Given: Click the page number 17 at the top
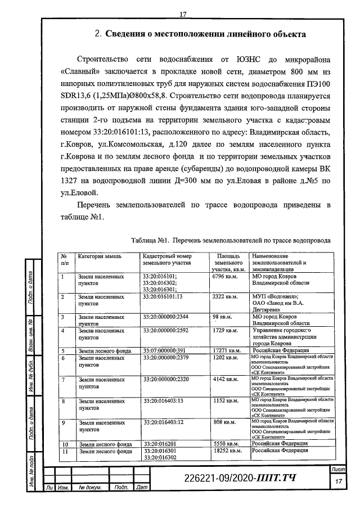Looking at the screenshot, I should (x=183, y=13).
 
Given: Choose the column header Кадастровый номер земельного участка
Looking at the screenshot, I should (x=167, y=259).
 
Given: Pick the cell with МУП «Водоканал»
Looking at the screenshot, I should (x=275, y=296).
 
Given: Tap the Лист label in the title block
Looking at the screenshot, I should (x=339, y=469).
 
